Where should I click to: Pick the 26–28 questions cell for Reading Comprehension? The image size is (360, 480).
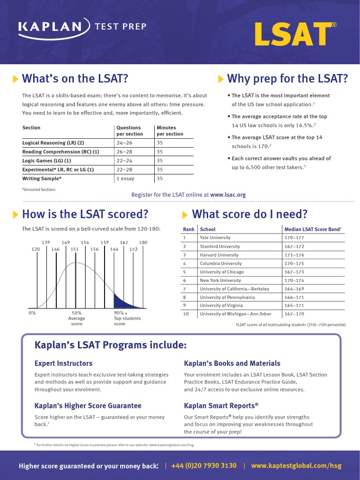tap(125, 152)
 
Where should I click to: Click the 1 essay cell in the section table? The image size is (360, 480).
tap(126, 179)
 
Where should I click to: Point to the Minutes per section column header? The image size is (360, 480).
tap(170, 131)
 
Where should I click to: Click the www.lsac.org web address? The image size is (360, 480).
tap(228, 195)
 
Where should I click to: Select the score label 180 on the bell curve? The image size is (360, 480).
tap(143, 242)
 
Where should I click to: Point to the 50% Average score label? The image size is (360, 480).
tap(76, 318)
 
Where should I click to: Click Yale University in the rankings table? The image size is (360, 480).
tap(215, 238)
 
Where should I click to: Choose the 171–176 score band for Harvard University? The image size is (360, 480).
tap(294, 255)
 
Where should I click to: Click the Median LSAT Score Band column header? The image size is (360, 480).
tap(313, 229)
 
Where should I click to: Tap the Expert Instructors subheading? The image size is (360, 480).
tap(63, 363)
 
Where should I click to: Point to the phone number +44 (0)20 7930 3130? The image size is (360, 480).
tap(204, 466)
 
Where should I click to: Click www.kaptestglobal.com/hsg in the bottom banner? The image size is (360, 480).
tap(296, 466)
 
